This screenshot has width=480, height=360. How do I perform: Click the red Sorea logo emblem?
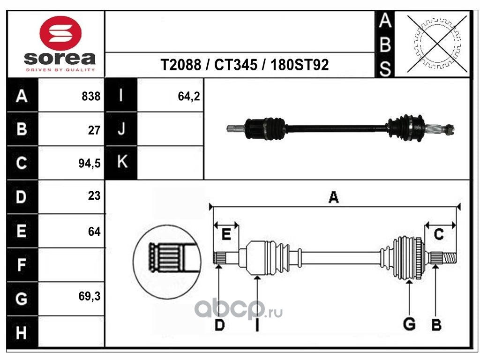tap(60, 33)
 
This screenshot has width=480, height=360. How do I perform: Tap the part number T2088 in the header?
tap(181, 65)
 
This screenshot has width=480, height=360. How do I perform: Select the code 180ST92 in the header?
tap(300, 65)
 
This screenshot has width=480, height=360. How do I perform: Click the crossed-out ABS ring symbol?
tap(437, 44)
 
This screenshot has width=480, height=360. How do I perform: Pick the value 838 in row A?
tap(91, 96)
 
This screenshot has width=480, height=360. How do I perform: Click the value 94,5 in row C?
tap(90, 163)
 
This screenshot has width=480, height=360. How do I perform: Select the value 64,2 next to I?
tap(189, 97)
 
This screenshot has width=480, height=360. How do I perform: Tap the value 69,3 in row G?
tap(90, 296)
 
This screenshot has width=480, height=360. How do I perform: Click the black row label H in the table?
tap(22, 332)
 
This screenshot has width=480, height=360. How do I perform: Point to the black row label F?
tap(22, 265)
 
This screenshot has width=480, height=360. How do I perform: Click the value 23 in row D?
tap(94, 195)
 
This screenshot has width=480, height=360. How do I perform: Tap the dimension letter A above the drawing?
tap(333, 197)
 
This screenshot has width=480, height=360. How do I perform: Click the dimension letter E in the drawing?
tap(226, 234)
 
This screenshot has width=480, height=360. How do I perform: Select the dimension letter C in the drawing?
tap(439, 234)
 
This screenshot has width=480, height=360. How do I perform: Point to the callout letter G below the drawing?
tap(409, 324)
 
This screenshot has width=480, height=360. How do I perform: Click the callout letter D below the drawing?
tap(220, 325)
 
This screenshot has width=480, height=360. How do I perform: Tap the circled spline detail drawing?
tap(167, 262)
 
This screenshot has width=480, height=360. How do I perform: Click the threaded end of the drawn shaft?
tap(449, 258)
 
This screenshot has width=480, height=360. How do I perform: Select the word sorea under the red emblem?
tap(60, 58)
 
